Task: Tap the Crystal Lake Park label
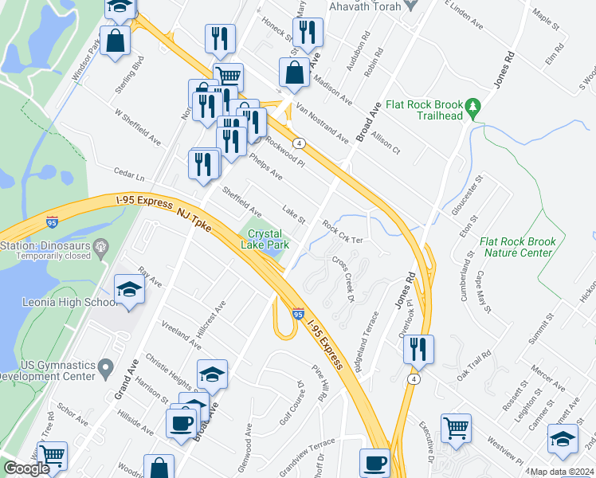[x=267, y=240]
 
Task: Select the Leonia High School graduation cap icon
[x=128, y=288]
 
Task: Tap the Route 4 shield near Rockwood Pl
[x=297, y=143]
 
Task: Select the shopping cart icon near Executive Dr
[x=456, y=428]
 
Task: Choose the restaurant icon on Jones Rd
[x=418, y=347]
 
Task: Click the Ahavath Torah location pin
[x=411, y=4]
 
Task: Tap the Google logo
[x=26, y=468]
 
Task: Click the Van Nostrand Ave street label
[x=323, y=123]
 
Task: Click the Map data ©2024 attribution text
[x=562, y=472]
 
